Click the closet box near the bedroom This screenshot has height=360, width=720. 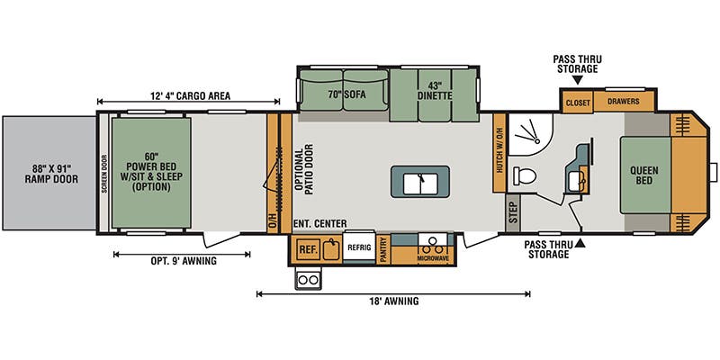578,103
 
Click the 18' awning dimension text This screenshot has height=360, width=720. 393,301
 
